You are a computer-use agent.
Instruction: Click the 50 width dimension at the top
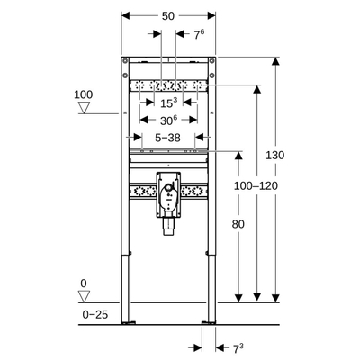(168, 17)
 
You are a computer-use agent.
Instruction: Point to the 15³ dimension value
(168, 103)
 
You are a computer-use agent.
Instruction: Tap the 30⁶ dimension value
(168, 119)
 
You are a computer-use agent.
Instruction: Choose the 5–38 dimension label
(168, 138)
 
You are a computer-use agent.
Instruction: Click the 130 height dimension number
(275, 155)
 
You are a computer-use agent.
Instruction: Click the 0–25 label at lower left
(94, 314)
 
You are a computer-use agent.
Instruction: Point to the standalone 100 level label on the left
(84, 94)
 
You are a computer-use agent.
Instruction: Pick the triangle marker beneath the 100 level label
(85, 109)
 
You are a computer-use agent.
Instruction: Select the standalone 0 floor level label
(84, 283)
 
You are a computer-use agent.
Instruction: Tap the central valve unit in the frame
(168, 191)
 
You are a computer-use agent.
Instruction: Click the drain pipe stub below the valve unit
(168, 230)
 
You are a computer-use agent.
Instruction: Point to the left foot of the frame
(127, 319)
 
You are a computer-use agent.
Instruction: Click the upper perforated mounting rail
(168, 86)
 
